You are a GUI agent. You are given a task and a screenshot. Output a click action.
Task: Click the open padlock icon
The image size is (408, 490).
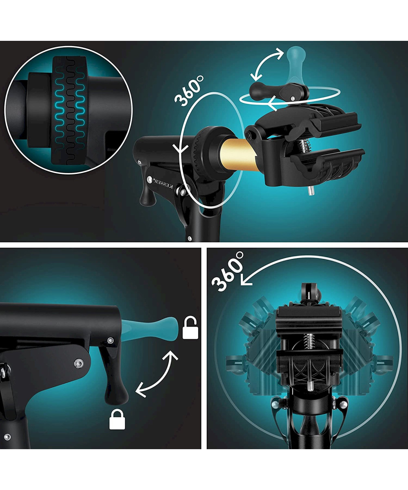click(x=190, y=328)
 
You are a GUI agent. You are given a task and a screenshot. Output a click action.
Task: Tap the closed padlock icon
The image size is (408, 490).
click(x=117, y=420)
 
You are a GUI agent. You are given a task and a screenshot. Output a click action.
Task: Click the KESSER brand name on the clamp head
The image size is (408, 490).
click(x=164, y=184)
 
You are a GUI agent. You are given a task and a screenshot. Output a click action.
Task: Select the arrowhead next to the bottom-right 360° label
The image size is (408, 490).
click(x=246, y=280)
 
